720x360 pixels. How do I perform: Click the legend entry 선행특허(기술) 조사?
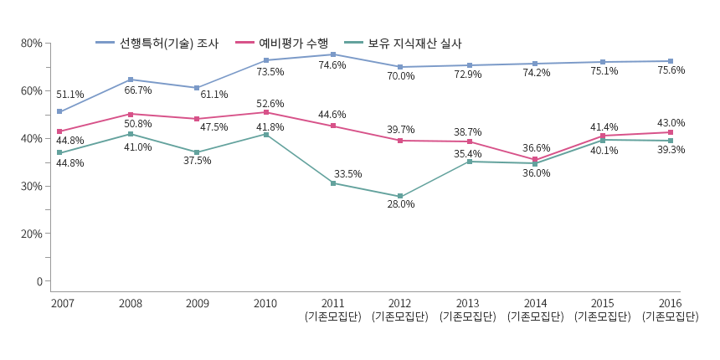[x=164, y=43]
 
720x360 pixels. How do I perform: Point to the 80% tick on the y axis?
[x=32, y=43]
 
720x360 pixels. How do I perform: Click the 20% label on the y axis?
[x=32, y=234]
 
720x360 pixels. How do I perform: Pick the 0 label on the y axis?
[x=39, y=281]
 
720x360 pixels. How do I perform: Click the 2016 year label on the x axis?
[x=670, y=302]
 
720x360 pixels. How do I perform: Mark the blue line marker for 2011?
[x=333, y=54]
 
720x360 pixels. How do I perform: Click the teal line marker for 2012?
[x=400, y=197]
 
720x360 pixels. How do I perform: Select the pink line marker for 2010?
[x=266, y=112]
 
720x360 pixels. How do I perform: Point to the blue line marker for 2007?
[x=59, y=111]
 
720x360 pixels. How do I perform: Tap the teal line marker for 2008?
[x=131, y=134]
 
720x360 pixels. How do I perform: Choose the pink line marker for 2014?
[x=535, y=160]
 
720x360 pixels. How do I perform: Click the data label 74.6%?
[x=332, y=65]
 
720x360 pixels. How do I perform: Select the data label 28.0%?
[x=400, y=204]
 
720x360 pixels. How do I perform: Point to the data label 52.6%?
[x=270, y=103]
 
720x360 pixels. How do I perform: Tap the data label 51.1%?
[x=69, y=95]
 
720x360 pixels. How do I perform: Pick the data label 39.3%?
[x=671, y=150]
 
